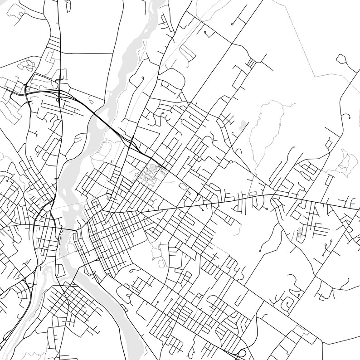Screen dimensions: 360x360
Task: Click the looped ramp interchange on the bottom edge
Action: click(x=242, y=354)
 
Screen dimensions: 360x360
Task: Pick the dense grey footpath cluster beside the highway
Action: click(x=150, y=174)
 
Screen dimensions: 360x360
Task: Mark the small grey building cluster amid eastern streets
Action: click(x=299, y=234)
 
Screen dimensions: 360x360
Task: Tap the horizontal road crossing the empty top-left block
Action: click(x=86, y=53)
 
